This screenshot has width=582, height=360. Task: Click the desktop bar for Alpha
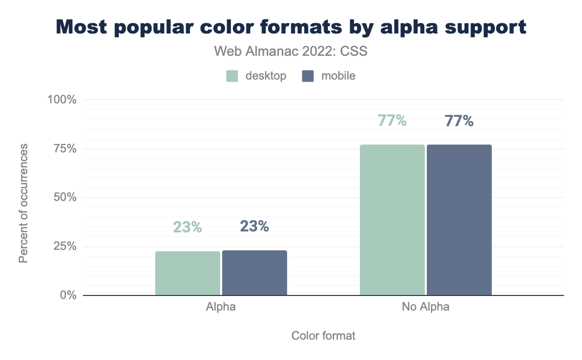click(188, 273)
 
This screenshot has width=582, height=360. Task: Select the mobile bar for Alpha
click(255, 273)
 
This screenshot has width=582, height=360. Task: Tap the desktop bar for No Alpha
click(392, 220)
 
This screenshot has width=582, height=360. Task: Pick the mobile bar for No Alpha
click(459, 220)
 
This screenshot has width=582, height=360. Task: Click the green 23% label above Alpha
click(187, 227)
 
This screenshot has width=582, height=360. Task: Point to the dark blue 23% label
click(254, 226)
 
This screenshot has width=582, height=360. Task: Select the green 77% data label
click(392, 120)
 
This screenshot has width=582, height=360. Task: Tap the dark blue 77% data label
click(459, 120)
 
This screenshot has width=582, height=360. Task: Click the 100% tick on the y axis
click(62, 99)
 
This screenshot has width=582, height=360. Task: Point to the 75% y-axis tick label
click(65, 148)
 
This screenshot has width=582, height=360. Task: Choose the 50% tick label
click(65, 197)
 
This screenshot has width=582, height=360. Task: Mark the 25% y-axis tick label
click(65, 246)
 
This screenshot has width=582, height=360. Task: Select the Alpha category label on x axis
click(221, 307)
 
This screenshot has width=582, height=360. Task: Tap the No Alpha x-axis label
click(425, 307)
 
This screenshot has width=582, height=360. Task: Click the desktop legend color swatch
click(232, 76)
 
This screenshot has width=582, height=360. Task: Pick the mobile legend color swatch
click(308, 76)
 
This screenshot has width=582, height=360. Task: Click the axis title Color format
click(323, 336)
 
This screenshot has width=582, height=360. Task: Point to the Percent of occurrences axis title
click(23, 203)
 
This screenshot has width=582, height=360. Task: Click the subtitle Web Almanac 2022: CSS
click(291, 51)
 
